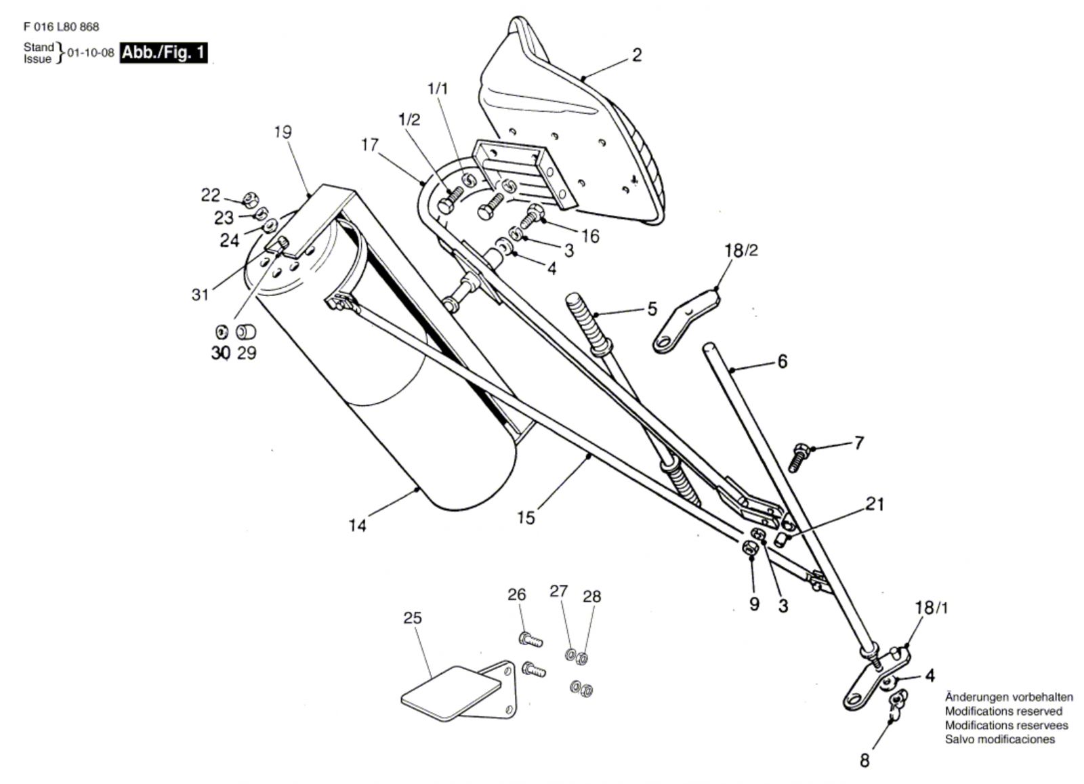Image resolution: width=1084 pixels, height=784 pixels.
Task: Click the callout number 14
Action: click(x=357, y=525)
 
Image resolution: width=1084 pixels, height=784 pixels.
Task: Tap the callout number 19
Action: click(x=283, y=131)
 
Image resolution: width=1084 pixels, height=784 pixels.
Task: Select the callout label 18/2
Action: click(x=741, y=250)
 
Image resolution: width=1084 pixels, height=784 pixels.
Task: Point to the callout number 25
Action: click(x=412, y=617)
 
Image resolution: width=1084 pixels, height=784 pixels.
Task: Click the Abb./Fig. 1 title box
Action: click(x=164, y=52)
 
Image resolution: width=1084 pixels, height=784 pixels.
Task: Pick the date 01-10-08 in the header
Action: click(x=91, y=53)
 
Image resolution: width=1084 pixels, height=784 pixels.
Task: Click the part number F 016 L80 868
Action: click(x=61, y=27)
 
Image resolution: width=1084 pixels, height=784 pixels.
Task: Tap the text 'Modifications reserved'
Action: click(x=1003, y=711)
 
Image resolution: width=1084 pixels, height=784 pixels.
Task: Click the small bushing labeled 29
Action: click(x=245, y=332)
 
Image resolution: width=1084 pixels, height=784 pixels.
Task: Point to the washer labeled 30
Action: click(x=221, y=332)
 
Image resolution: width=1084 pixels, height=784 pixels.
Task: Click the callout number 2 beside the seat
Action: click(x=636, y=55)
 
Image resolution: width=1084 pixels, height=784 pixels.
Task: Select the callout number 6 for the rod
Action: click(x=783, y=362)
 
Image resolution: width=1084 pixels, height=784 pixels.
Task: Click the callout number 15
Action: click(x=526, y=518)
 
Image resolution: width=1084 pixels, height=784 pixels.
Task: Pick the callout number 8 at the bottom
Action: click(x=864, y=760)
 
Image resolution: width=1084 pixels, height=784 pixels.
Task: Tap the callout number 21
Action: click(x=875, y=504)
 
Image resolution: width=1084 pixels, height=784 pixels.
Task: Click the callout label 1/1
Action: click(x=438, y=89)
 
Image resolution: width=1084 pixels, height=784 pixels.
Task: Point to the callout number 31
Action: click(x=200, y=294)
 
